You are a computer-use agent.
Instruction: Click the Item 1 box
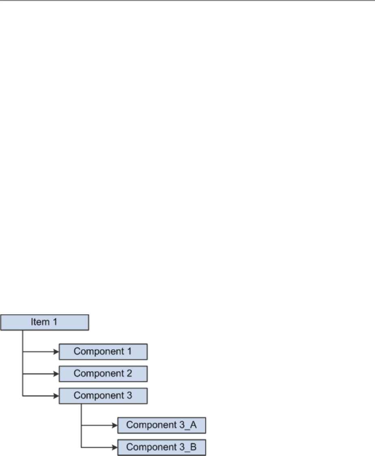[x=45, y=322]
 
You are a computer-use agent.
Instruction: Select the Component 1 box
[x=103, y=352]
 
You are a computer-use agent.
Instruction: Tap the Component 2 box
[x=103, y=374]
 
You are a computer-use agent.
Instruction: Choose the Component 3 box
[x=103, y=396]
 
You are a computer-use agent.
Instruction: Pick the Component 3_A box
[x=162, y=426]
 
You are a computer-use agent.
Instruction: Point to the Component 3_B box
[x=162, y=447]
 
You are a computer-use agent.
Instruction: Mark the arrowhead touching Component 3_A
[x=115, y=426]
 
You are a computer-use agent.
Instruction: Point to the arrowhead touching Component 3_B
[x=115, y=447]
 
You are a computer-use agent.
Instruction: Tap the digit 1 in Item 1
[x=56, y=322]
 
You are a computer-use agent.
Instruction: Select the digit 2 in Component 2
[x=129, y=374]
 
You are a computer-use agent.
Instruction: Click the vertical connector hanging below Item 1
[x=23, y=361]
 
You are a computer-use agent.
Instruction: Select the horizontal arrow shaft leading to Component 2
[x=39, y=374]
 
